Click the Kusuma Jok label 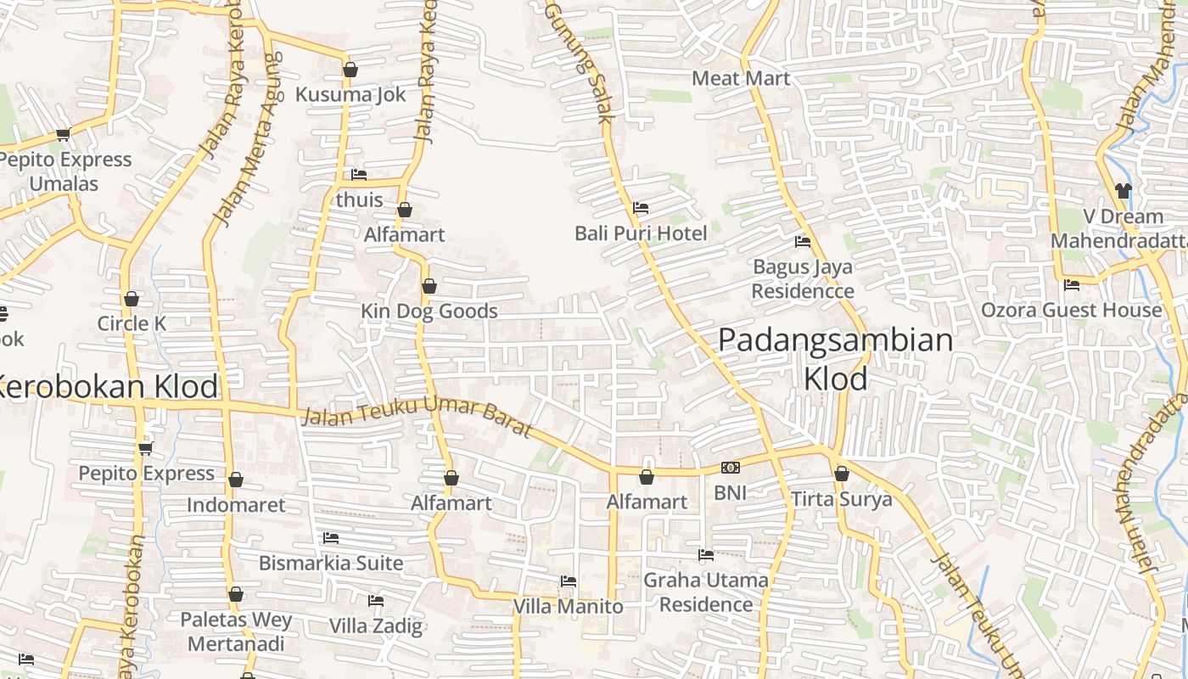point(350,94)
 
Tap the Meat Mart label point(741,78)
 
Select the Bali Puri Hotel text point(641,233)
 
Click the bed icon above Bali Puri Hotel point(641,207)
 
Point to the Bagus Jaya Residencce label point(803,278)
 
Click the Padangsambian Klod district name point(835,358)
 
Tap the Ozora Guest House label point(1071,310)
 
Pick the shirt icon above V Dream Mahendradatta point(1124,191)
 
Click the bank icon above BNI point(730,468)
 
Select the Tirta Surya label point(842,498)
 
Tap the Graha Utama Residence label point(706,592)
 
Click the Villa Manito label point(568,606)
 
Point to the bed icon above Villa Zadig point(376,601)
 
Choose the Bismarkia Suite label point(331,563)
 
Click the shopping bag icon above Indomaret point(236,480)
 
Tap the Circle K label point(132,323)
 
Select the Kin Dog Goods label point(429,311)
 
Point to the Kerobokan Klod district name point(109,386)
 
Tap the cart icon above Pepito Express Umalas point(63,134)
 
